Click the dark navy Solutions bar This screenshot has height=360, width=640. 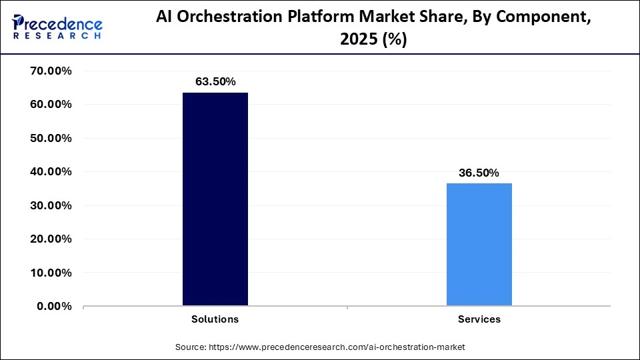[x=215, y=199]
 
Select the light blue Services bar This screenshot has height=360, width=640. [x=479, y=245]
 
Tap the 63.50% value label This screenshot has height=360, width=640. [x=215, y=81]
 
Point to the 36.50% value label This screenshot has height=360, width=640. [x=479, y=173]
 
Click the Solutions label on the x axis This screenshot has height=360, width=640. [x=215, y=319]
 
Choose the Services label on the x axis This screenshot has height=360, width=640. [x=479, y=319]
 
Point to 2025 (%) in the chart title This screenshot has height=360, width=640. [x=374, y=40]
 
